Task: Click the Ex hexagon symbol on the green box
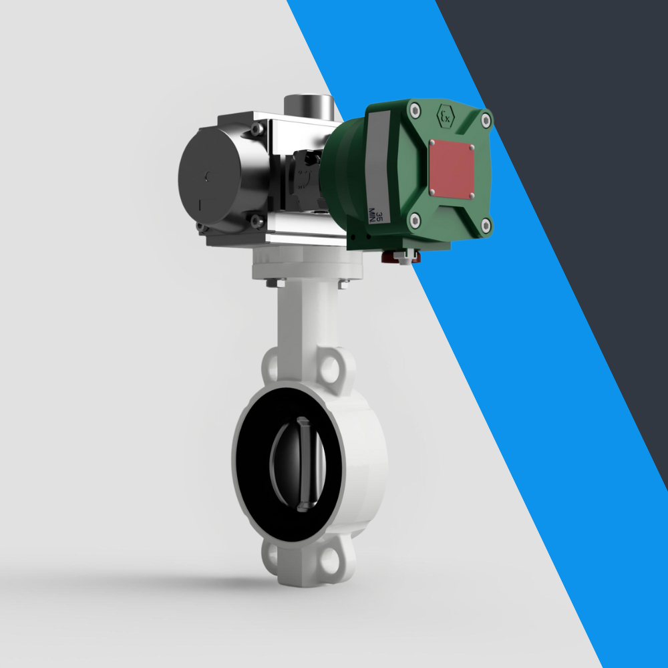click(444, 117)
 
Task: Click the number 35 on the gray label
click(379, 216)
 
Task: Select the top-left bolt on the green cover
click(415, 108)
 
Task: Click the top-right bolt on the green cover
click(486, 121)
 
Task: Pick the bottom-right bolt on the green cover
click(486, 225)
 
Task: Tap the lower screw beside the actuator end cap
click(255, 219)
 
